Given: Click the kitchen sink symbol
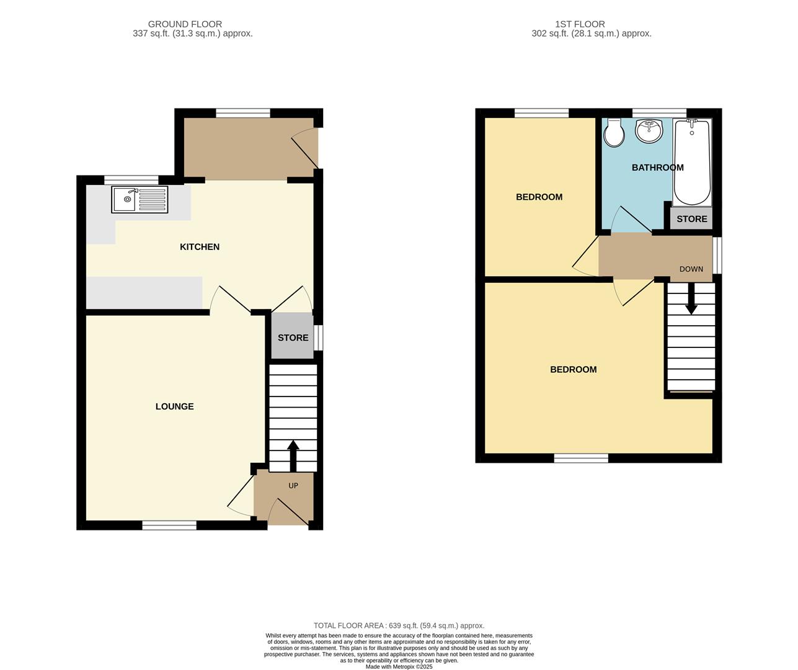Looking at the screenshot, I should tap(140, 199).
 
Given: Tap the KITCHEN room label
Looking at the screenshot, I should tap(200, 247).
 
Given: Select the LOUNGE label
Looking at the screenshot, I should tap(174, 406).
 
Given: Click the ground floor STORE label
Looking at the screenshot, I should tap(293, 337).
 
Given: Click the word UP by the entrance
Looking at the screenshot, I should tap(293, 485).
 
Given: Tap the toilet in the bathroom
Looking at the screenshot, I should tap(614, 133).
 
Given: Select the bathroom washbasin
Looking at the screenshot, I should tap(649, 131).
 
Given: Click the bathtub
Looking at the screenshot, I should tap(692, 163).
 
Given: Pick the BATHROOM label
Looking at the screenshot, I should tap(657, 167).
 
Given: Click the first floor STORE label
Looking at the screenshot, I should tap(691, 219).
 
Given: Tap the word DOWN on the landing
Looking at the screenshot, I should tap(691, 269).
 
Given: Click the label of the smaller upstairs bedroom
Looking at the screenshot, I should tap(539, 197).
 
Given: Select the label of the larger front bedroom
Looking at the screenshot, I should tap(573, 369).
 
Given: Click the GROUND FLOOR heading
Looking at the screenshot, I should tap(185, 24).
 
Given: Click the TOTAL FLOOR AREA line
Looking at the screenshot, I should tap(399, 625).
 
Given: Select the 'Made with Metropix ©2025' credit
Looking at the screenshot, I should tap(399, 666).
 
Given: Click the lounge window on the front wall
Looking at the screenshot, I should tap(169, 525).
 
